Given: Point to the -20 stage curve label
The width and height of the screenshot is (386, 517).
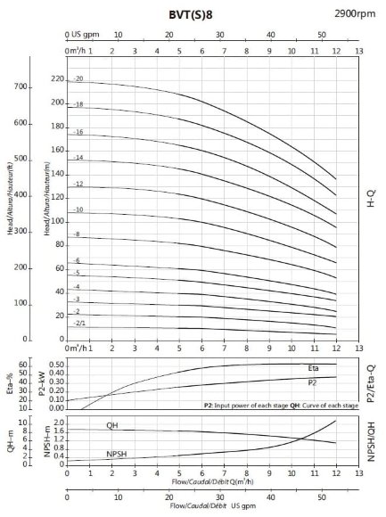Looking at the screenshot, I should coord(78,79).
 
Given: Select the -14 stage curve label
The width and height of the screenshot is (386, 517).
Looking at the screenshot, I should coord(78,158).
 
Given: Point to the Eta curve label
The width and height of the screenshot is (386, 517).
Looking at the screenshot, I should coord(313,368).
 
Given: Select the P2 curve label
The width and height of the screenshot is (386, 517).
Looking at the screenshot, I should coord(312,382).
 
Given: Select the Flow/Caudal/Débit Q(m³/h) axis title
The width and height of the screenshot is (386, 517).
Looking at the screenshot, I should coord(212,481).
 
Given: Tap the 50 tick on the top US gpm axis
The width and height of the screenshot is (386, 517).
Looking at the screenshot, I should coord(322,34).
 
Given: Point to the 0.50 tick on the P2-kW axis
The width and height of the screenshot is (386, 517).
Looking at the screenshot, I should coord(55,365).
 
